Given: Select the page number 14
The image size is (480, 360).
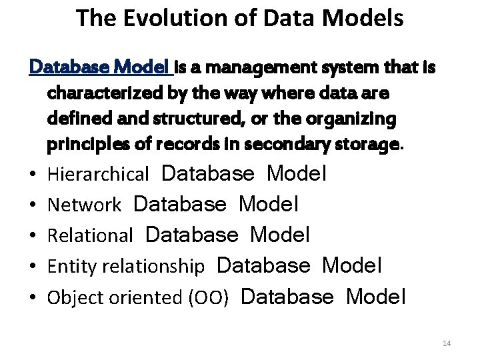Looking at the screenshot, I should tap(447, 343).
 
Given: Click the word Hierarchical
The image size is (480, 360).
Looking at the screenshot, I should tap(98, 175).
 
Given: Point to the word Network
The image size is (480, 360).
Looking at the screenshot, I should tap(84, 205).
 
